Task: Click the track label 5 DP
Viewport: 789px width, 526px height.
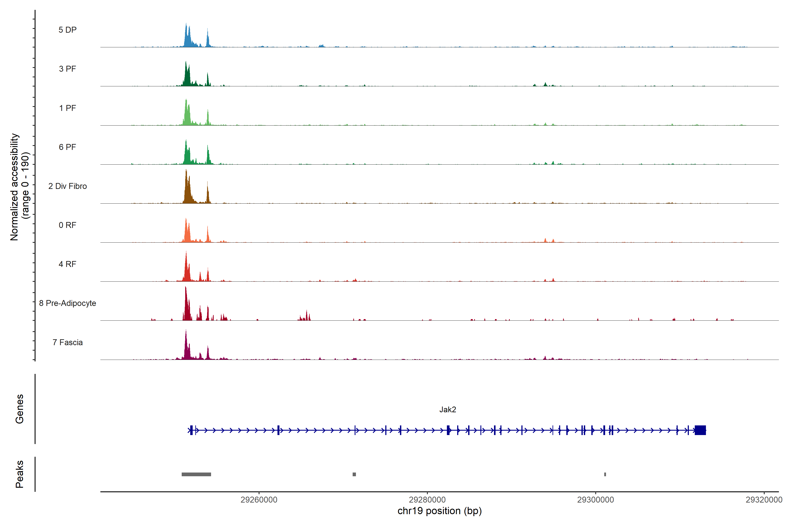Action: (x=68, y=30)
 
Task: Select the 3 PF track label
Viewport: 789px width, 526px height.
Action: (x=68, y=69)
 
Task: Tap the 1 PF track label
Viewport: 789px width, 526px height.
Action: (x=68, y=108)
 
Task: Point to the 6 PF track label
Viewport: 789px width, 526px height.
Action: (x=68, y=147)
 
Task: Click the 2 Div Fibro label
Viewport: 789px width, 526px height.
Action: (x=68, y=186)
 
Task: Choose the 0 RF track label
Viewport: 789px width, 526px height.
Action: (x=68, y=225)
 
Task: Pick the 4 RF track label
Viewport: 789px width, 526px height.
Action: (x=68, y=264)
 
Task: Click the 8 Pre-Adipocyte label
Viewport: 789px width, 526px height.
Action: (x=68, y=303)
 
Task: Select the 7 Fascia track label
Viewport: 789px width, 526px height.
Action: (x=68, y=342)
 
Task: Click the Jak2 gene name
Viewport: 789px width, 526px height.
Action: (x=448, y=410)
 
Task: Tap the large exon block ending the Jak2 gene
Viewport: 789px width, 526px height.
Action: (x=700, y=430)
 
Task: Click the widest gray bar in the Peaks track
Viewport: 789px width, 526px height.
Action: (x=196, y=474)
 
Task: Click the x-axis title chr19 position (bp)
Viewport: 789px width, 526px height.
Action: (x=439, y=511)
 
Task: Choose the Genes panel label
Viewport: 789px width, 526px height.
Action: (x=20, y=409)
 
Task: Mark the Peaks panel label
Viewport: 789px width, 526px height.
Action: (x=20, y=474)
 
